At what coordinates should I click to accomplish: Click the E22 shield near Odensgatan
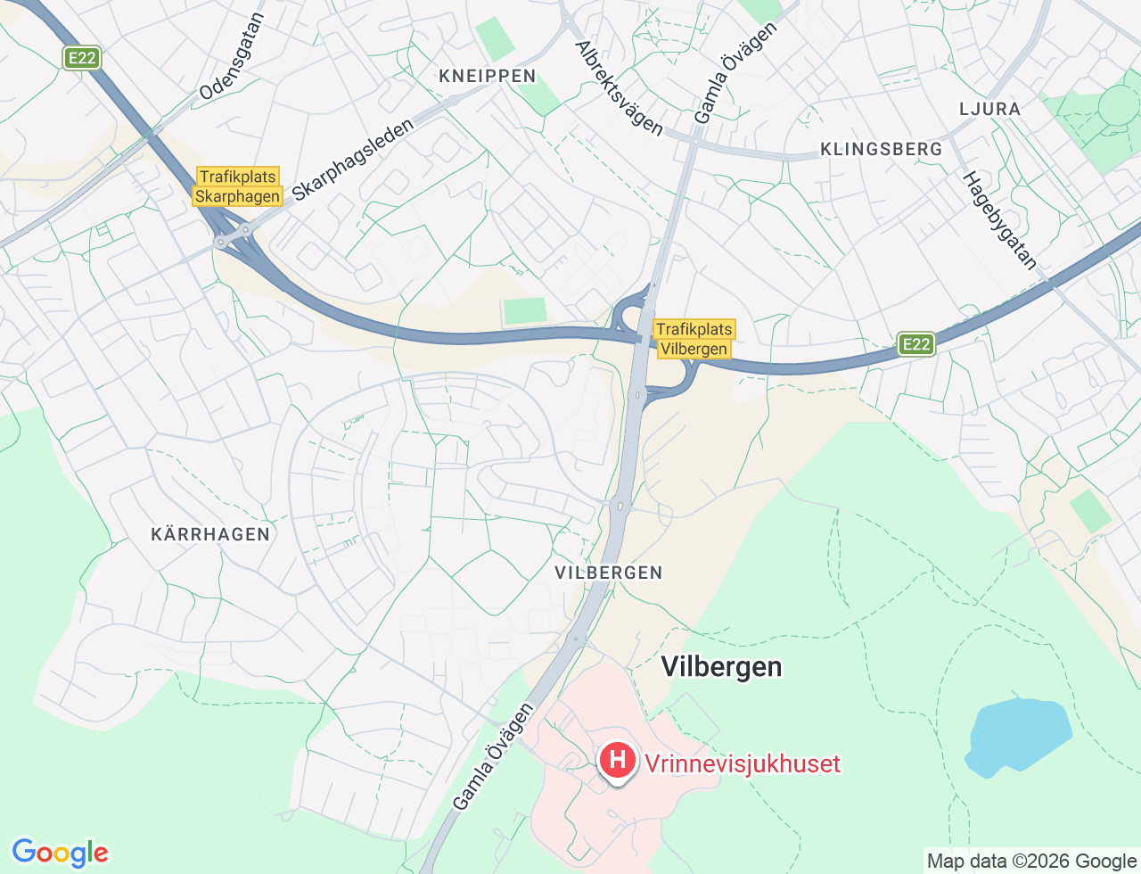(x=81, y=58)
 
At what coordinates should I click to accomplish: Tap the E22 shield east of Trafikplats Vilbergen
(x=915, y=344)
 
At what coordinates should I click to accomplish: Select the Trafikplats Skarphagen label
(x=238, y=186)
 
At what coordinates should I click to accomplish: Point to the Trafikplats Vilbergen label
(x=694, y=339)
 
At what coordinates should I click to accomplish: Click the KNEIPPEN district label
(x=488, y=77)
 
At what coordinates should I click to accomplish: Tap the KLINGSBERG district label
(x=881, y=149)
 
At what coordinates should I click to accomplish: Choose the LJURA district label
(x=989, y=109)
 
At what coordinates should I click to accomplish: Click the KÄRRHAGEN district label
(x=210, y=534)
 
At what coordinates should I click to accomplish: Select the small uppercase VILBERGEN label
(x=609, y=573)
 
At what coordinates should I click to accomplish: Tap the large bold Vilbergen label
(x=721, y=667)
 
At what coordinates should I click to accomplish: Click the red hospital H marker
(x=617, y=761)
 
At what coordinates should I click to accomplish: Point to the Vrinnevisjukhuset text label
(x=742, y=763)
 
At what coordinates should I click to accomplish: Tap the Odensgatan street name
(x=233, y=56)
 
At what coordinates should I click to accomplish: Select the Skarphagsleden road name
(x=353, y=160)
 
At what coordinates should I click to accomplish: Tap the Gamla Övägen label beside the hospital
(x=493, y=756)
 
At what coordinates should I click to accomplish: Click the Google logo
(x=60, y=853)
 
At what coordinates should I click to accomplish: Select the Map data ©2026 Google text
(x=1031, y=861)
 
